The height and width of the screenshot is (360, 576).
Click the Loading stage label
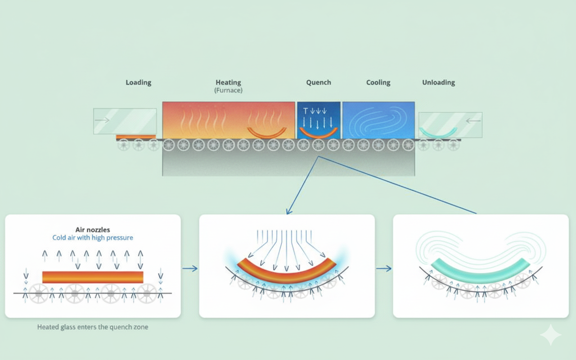[138, 83]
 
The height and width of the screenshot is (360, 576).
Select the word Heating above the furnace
[228, 82]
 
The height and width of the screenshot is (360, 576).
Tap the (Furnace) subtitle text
[228, 90]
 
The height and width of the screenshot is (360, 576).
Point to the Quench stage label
[318, 83]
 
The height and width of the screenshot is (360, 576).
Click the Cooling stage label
[378, 83]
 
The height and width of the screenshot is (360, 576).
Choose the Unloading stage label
[438, 83]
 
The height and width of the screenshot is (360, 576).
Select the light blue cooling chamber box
[378, 120]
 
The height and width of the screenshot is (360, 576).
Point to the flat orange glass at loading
[136, 136]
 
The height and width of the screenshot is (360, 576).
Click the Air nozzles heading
[93, 229]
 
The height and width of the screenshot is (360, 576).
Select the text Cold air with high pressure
[93, 238]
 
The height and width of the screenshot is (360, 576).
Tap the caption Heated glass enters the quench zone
[93, 327]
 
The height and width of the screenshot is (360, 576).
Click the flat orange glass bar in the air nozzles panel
[93, 277]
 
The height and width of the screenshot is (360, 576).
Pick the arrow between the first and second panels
[190, 269]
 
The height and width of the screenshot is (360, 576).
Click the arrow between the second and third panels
[384, 269]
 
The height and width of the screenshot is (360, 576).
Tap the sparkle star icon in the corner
[551, 335]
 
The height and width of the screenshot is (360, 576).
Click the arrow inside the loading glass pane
[103, 120]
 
